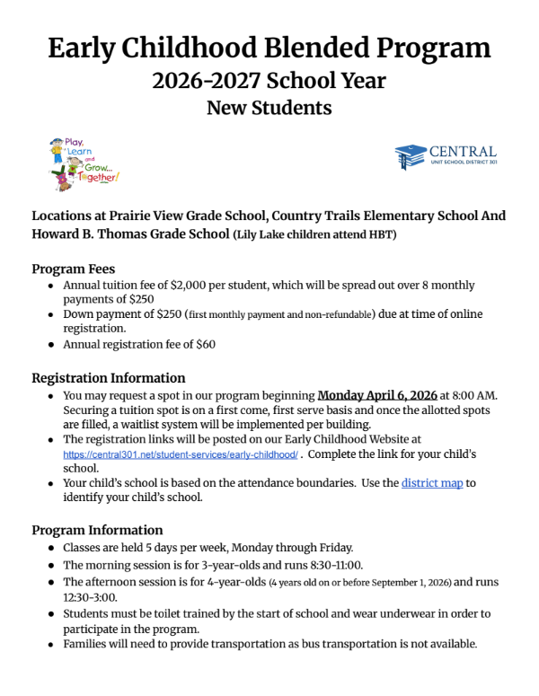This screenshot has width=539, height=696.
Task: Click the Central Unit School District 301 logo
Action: [446, 156]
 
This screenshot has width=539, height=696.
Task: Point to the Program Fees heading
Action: [74, 269]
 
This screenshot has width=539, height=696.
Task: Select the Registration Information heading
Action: [109, 378]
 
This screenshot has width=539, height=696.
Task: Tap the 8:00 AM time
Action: [468, 395]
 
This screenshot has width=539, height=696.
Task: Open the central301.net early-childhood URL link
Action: [180, 455]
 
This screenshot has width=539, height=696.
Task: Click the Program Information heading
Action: [97, 530]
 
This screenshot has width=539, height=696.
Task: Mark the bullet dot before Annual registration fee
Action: [49, 345]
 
